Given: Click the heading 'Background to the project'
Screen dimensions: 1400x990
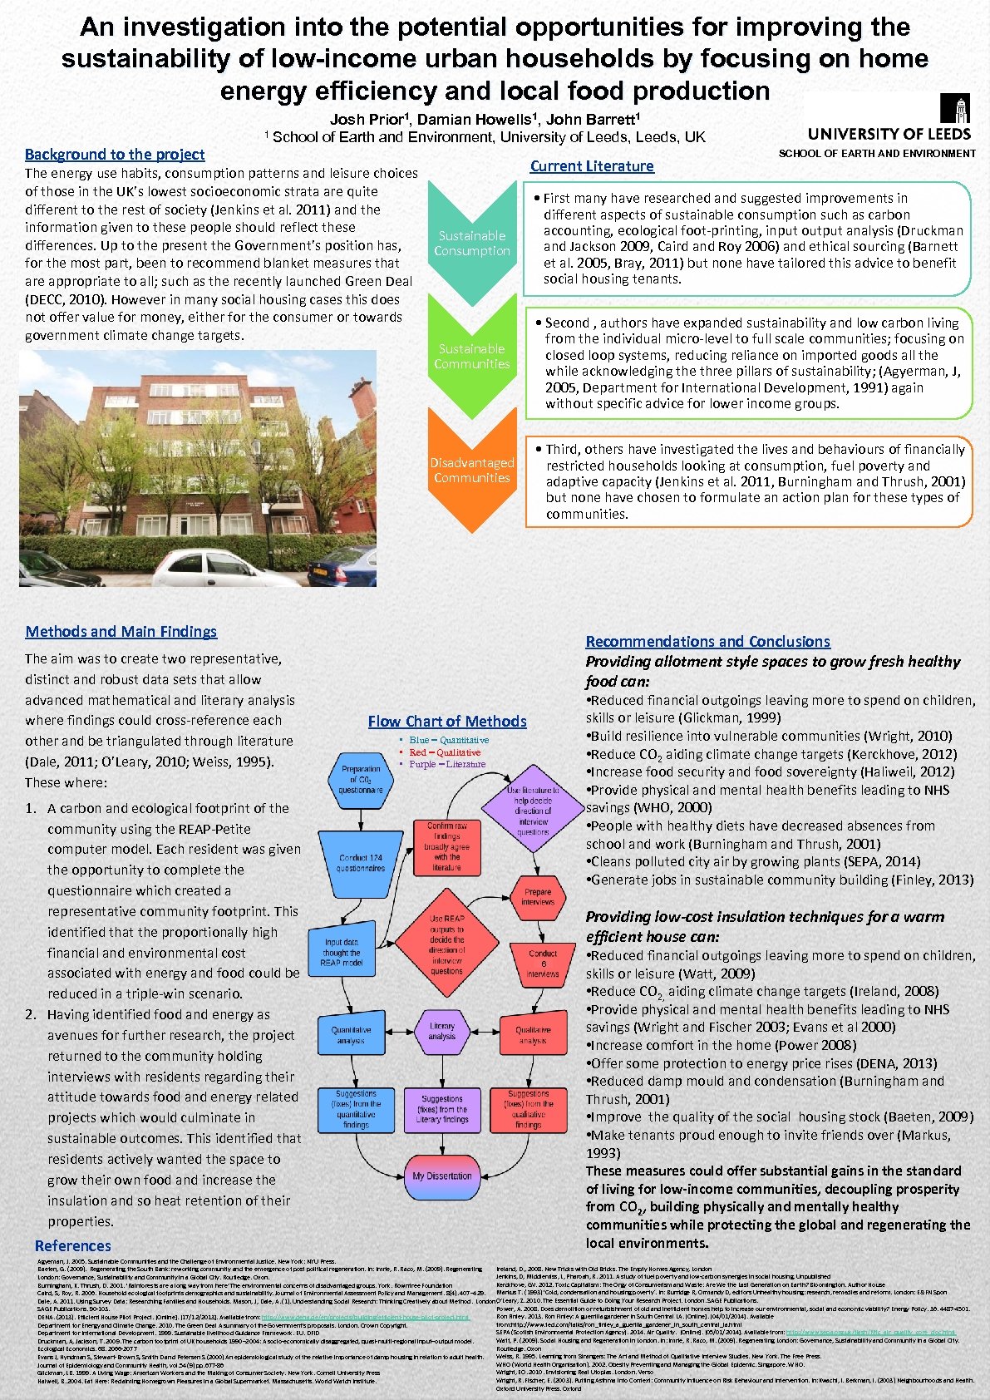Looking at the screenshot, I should click(115, 154).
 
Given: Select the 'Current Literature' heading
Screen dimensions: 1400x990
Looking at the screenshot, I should click(592, 166).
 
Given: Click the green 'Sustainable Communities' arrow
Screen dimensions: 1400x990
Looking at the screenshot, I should click(472, 356).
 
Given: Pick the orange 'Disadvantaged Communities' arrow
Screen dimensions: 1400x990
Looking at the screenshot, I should click(472, 471).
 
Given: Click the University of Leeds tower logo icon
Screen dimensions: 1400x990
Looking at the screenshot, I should click(954, 108).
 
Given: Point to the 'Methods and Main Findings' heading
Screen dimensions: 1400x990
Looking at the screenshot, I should click(121, 632).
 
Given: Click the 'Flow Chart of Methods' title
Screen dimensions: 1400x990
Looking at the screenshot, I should click(447, 722).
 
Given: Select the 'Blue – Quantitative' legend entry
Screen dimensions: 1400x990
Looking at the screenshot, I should click(448, 740).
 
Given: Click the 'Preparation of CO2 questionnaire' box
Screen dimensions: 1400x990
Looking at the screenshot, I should click(361, 779).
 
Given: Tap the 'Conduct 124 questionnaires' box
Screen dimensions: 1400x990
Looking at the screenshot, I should click(361, 863).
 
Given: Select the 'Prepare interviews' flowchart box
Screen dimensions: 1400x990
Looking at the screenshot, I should click(538, 896).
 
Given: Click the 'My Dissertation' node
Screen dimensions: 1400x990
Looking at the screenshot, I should click(441, 1176).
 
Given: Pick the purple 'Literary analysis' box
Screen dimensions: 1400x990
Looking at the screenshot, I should click(441, 1031).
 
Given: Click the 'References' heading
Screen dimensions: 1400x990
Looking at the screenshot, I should click(73, 1245).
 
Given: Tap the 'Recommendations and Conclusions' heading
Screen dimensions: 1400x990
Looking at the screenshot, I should click(707, 642).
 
